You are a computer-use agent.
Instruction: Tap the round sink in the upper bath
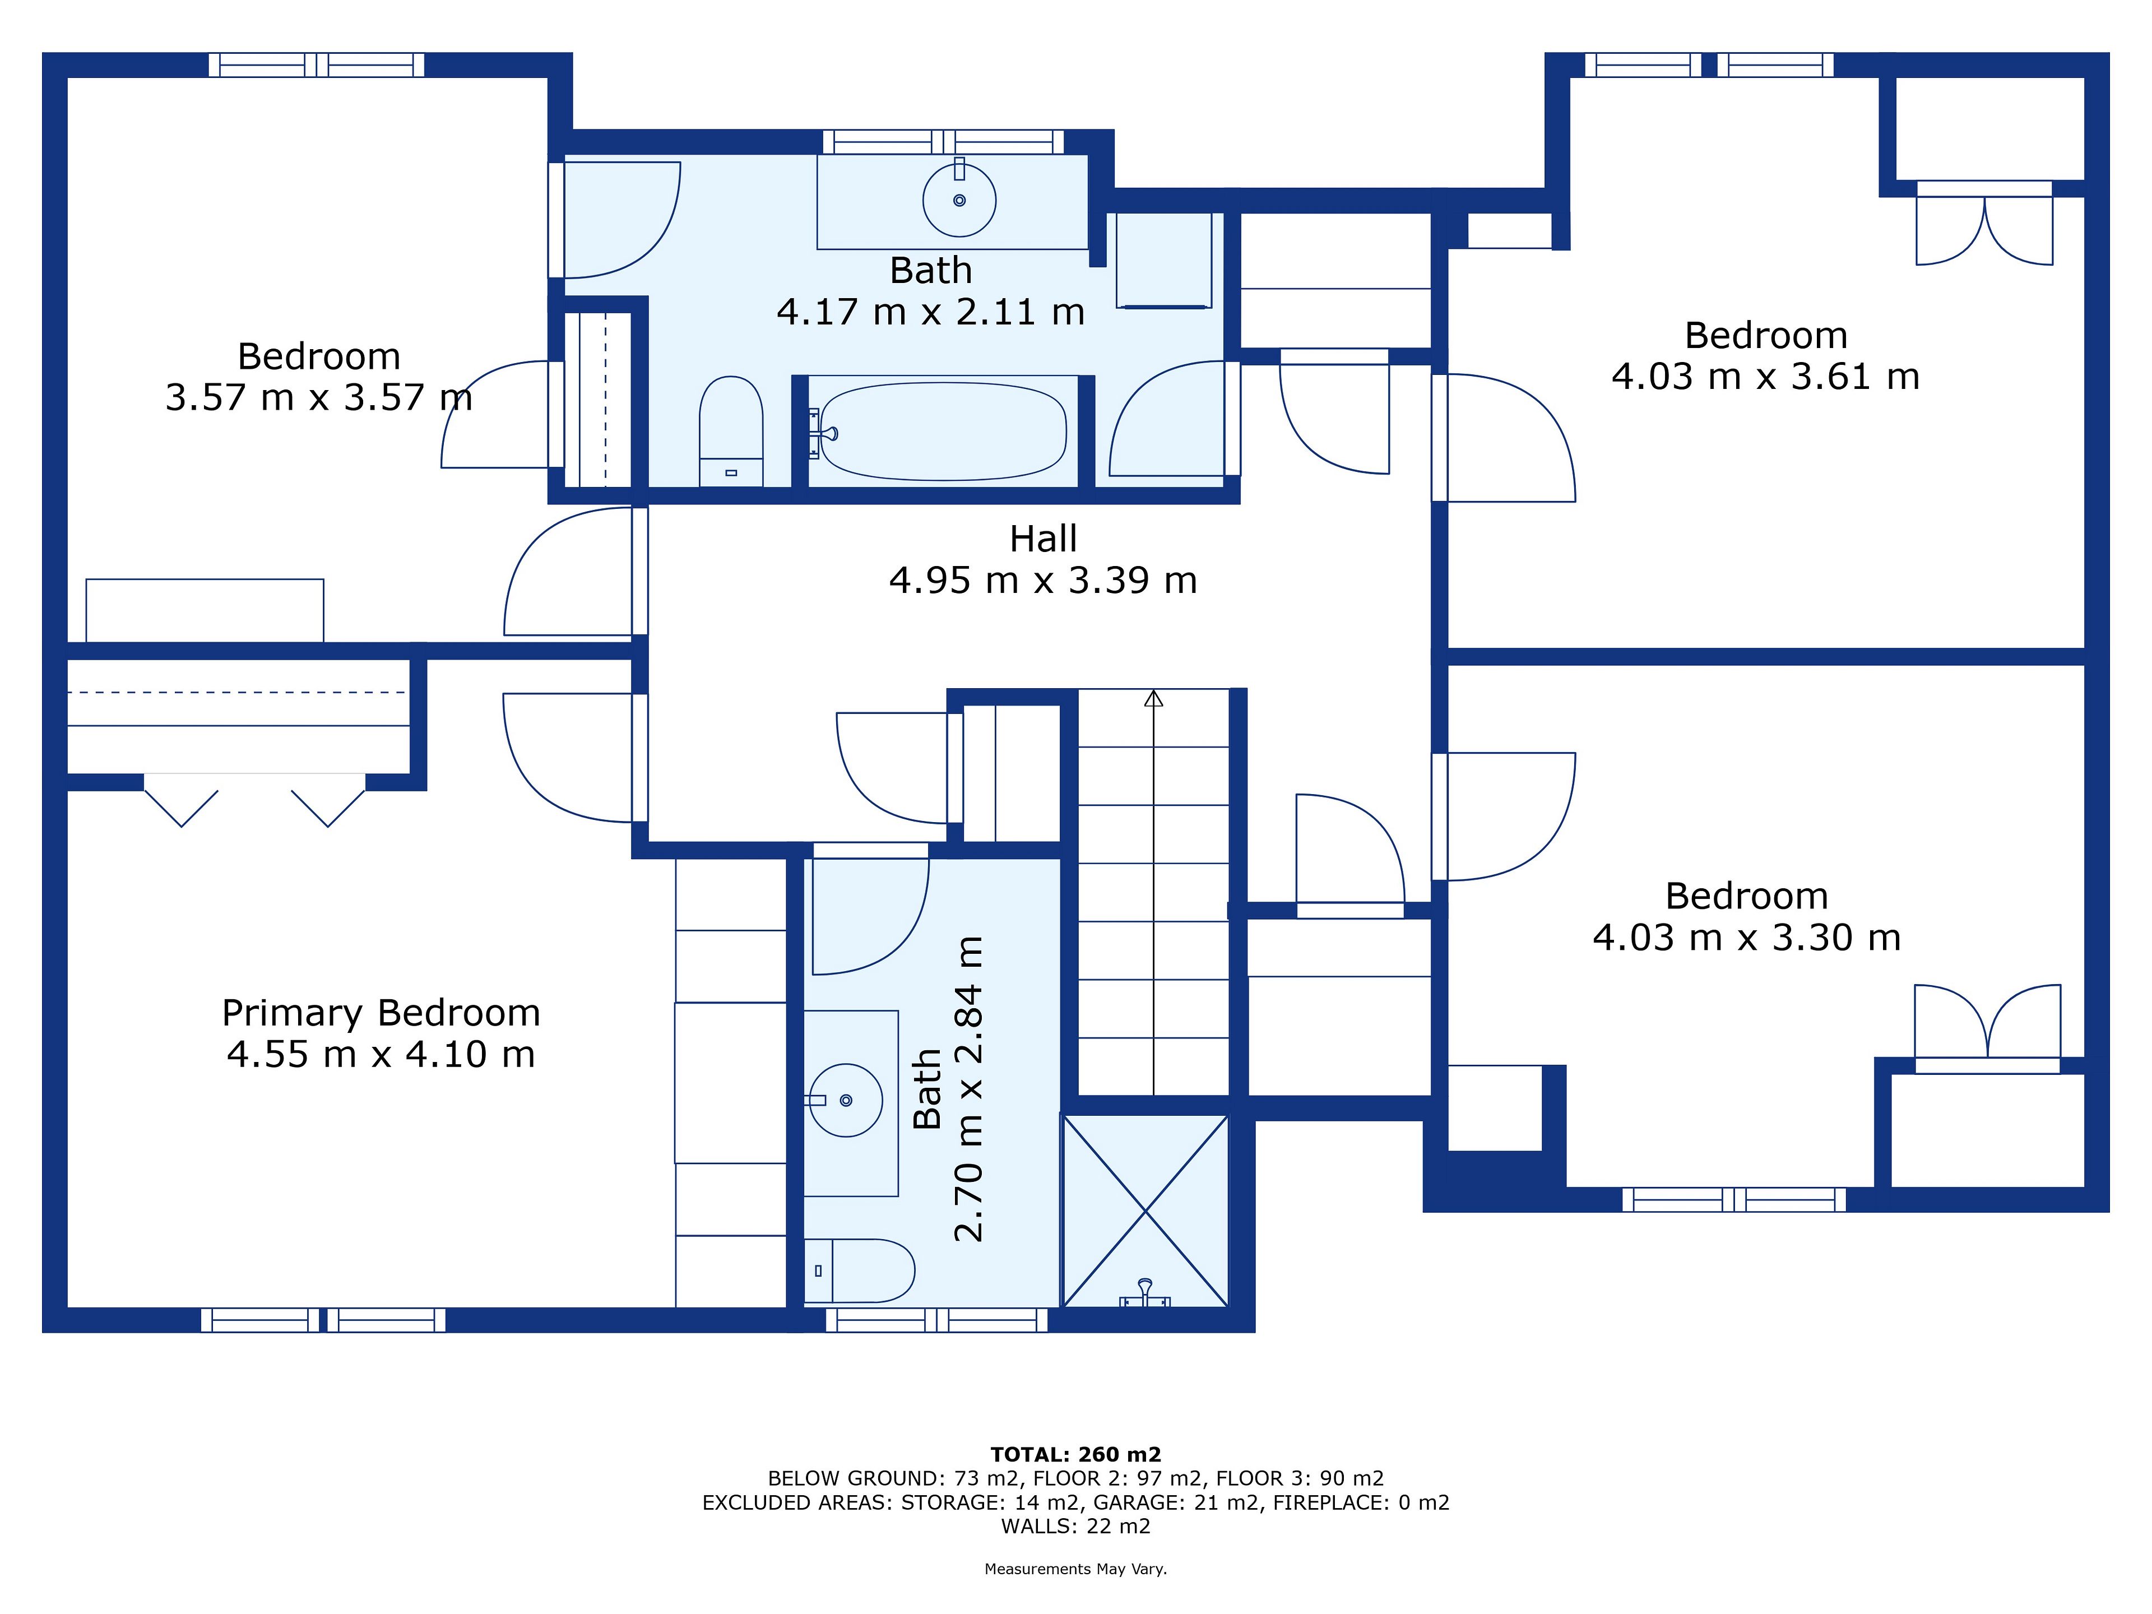tap(959, 201)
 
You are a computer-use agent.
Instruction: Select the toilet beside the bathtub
tap(731, 431)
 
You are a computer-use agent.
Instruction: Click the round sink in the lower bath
tap(846, 1100)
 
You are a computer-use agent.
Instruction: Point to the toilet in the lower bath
tap(860, 1270)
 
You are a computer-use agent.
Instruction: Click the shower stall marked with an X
tap(1146, 1211)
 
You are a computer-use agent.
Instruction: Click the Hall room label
tap(1043, 538)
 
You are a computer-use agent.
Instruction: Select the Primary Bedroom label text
tap(381, 1013)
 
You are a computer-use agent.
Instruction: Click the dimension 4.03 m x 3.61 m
tap(1766, 377)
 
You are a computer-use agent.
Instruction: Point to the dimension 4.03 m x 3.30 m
tap(1746, 938)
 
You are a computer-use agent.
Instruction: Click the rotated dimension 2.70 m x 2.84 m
tap(969, 1089)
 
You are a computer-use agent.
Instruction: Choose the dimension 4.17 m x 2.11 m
tap(930, 312)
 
